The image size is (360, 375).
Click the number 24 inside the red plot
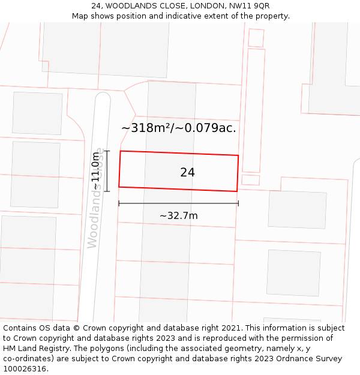(187, 173)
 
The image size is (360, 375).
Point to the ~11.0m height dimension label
(95, 171)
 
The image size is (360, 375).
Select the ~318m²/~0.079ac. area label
(179, 128)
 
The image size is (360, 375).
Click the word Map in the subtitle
(80, 16)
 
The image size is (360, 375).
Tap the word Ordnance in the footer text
(292, 359)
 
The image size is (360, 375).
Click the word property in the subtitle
(271, 16)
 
